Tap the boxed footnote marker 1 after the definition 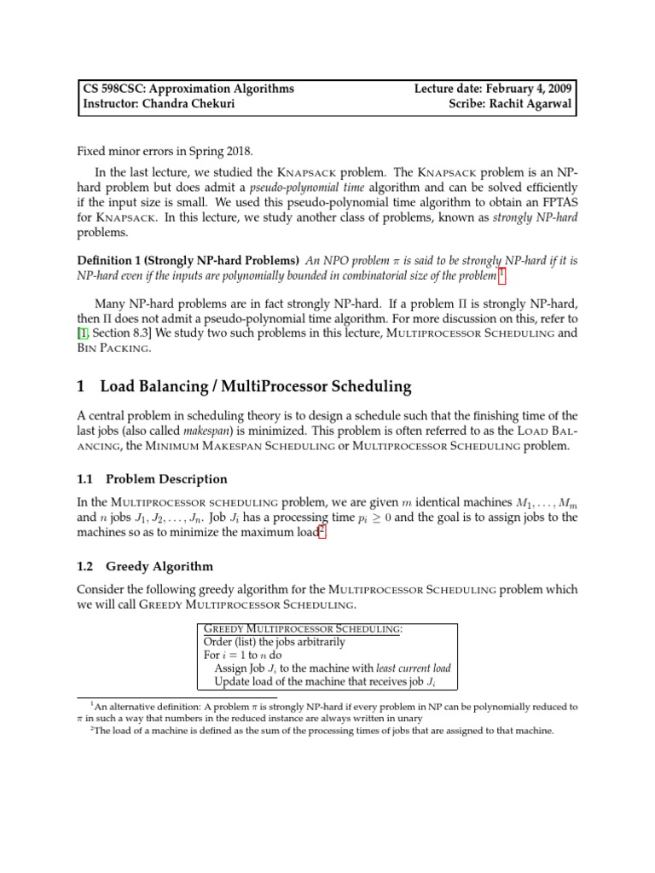point(501,275)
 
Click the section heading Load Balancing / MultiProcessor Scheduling point(255,387)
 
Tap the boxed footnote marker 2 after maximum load point(322,532)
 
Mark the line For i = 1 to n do point(246,655)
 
